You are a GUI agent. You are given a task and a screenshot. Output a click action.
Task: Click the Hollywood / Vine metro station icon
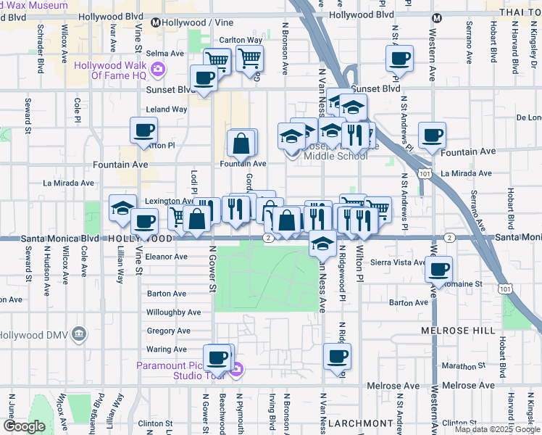pyautogui.click(x=155, y=22)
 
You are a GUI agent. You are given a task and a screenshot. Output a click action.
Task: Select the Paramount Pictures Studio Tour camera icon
pyautogui.click(x=237, y=370)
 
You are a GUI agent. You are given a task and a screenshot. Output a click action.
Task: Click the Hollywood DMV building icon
pyautogui.click(x=79, y=335)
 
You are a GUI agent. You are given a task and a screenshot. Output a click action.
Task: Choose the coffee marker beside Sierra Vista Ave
pyautogui.click(x=438, y=269)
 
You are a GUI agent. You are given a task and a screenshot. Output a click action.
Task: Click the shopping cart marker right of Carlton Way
pyautogui.click(x=249, y=57)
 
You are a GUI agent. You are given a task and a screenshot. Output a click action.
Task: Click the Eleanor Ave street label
pyautogui.click(x=167, y=257)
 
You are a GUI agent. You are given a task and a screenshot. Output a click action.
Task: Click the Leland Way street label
pyautogui.click(x=167, y=109)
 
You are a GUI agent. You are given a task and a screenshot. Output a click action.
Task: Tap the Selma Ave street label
pyautogui.click(x=166, y=54)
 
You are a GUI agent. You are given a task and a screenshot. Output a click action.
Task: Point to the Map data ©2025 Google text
pyautogui.click(x=496, y=429)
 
